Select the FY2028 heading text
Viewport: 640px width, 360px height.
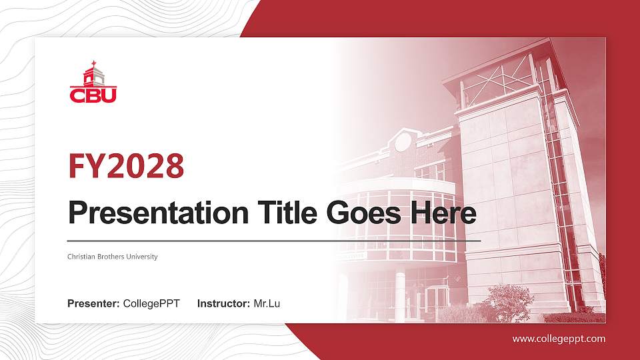[127, 166]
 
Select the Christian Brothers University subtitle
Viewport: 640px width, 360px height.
[113, 257]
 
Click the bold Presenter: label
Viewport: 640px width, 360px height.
[94, 304]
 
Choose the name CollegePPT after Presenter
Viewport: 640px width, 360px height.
[151, 304]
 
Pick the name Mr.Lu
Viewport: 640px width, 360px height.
[267, 304]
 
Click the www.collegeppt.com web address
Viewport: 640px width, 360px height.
[559, 339]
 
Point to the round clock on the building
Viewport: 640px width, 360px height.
[403, 141]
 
